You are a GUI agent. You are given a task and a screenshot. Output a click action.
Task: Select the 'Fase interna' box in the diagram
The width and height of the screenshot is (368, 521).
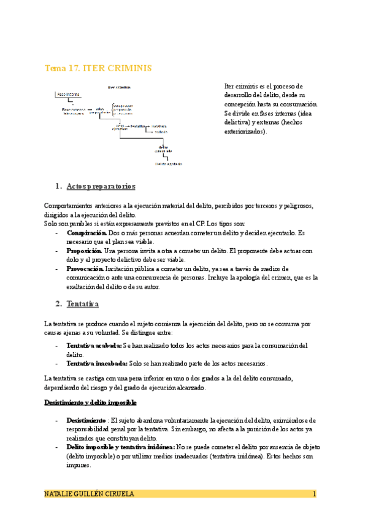click(68, 95)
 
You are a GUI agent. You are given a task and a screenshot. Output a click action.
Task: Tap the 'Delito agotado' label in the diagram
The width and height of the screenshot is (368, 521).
click(168, 164)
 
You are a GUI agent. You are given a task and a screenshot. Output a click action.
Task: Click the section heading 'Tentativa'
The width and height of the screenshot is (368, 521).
click(85, 304)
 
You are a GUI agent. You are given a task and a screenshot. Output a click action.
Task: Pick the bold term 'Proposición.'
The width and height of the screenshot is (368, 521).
click(85, 251)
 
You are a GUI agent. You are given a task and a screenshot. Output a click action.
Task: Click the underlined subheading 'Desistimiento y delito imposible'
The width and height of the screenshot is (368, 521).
click(90, 402)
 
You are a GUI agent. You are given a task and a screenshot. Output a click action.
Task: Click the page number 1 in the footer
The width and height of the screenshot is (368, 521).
click(314, 494)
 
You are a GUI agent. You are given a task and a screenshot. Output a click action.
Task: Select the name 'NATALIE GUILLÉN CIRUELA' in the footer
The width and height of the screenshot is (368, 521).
click(90, 494)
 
